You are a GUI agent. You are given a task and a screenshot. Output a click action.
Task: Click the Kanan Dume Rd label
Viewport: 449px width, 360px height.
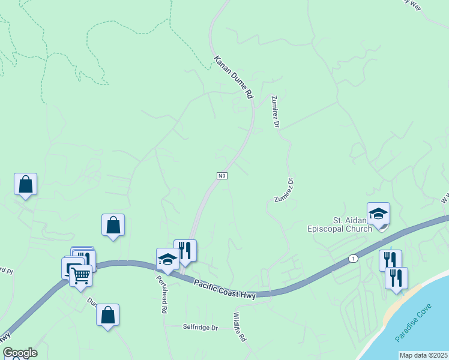[234, 77]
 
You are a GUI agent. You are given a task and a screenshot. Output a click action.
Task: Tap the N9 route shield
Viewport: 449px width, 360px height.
[222, 175]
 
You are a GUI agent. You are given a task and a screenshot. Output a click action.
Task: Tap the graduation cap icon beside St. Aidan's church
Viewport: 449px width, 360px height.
[379, 214]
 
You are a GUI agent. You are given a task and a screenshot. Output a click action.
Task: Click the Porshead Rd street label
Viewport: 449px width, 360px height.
[161, 294]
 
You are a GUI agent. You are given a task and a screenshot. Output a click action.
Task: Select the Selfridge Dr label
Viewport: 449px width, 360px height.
[200, 328]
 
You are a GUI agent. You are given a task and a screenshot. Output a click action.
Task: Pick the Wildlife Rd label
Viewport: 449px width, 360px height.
[239, 327]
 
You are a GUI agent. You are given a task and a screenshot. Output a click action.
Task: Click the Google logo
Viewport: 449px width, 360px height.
[20, 353]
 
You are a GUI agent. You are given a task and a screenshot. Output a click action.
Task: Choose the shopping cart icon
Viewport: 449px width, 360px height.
[80, 276]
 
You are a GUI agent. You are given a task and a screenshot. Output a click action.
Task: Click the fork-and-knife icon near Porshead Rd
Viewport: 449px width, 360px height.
[185, 251]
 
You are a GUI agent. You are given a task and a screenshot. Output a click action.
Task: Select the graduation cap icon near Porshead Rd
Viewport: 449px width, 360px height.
[167, 260]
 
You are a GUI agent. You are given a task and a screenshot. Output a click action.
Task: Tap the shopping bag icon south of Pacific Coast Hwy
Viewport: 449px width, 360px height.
[107, 315]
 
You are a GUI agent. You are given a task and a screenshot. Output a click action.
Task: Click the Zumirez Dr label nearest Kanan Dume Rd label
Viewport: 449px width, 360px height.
[276, 111]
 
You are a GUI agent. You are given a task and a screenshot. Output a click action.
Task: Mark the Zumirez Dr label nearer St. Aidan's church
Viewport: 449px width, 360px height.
[283, 190]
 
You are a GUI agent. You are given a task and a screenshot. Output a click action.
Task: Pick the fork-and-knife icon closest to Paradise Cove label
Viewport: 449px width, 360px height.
[396, 278]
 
